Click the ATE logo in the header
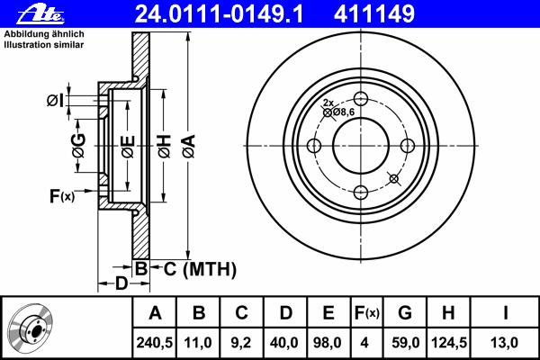pyautogui.click(x=40, y=14)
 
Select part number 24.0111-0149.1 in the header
pyautogui.click(x=219, y=13)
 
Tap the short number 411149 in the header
pyautogui.click(x=374, y=13)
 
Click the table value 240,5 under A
pyautogui.click(x=154, y=343)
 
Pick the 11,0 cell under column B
pyautogui.click(x=198, y=343)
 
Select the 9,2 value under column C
pyautogui.click(x=241, y=343)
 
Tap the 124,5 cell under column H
pyautogui.click(x=449, y=343)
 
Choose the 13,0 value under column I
pyautogui.click(x=504, y=343)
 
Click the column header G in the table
pyautogui.click(x=405, y=313)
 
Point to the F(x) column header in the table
pyautogui.click(x=367, y=313)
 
